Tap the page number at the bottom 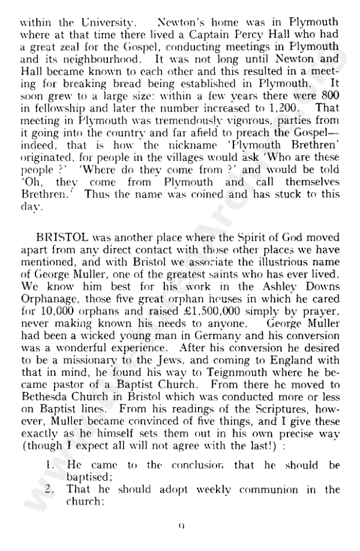[x=180, y=528]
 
